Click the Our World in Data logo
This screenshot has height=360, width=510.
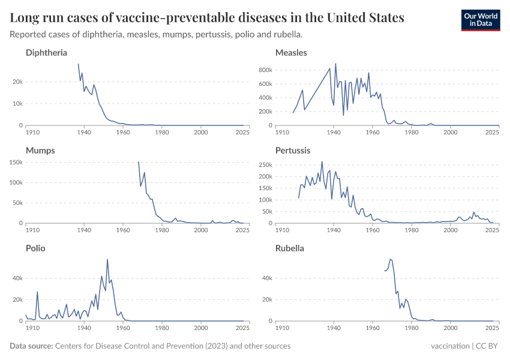[480, 20]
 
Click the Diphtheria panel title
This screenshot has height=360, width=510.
[46, 53]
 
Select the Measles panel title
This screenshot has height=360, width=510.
[291, 53]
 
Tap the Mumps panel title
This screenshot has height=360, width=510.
[40, 151]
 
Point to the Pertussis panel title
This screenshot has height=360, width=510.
[293, 151]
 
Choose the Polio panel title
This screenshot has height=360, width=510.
[35, 248]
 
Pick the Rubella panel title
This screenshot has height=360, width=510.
[289, 248]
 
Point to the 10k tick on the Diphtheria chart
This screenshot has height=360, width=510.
[17, 104]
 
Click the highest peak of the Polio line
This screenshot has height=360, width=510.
[107, 259]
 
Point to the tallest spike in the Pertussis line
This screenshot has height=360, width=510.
[322, 161]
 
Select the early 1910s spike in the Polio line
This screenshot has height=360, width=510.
[37, 292]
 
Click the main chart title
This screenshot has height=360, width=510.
[207, 18]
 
